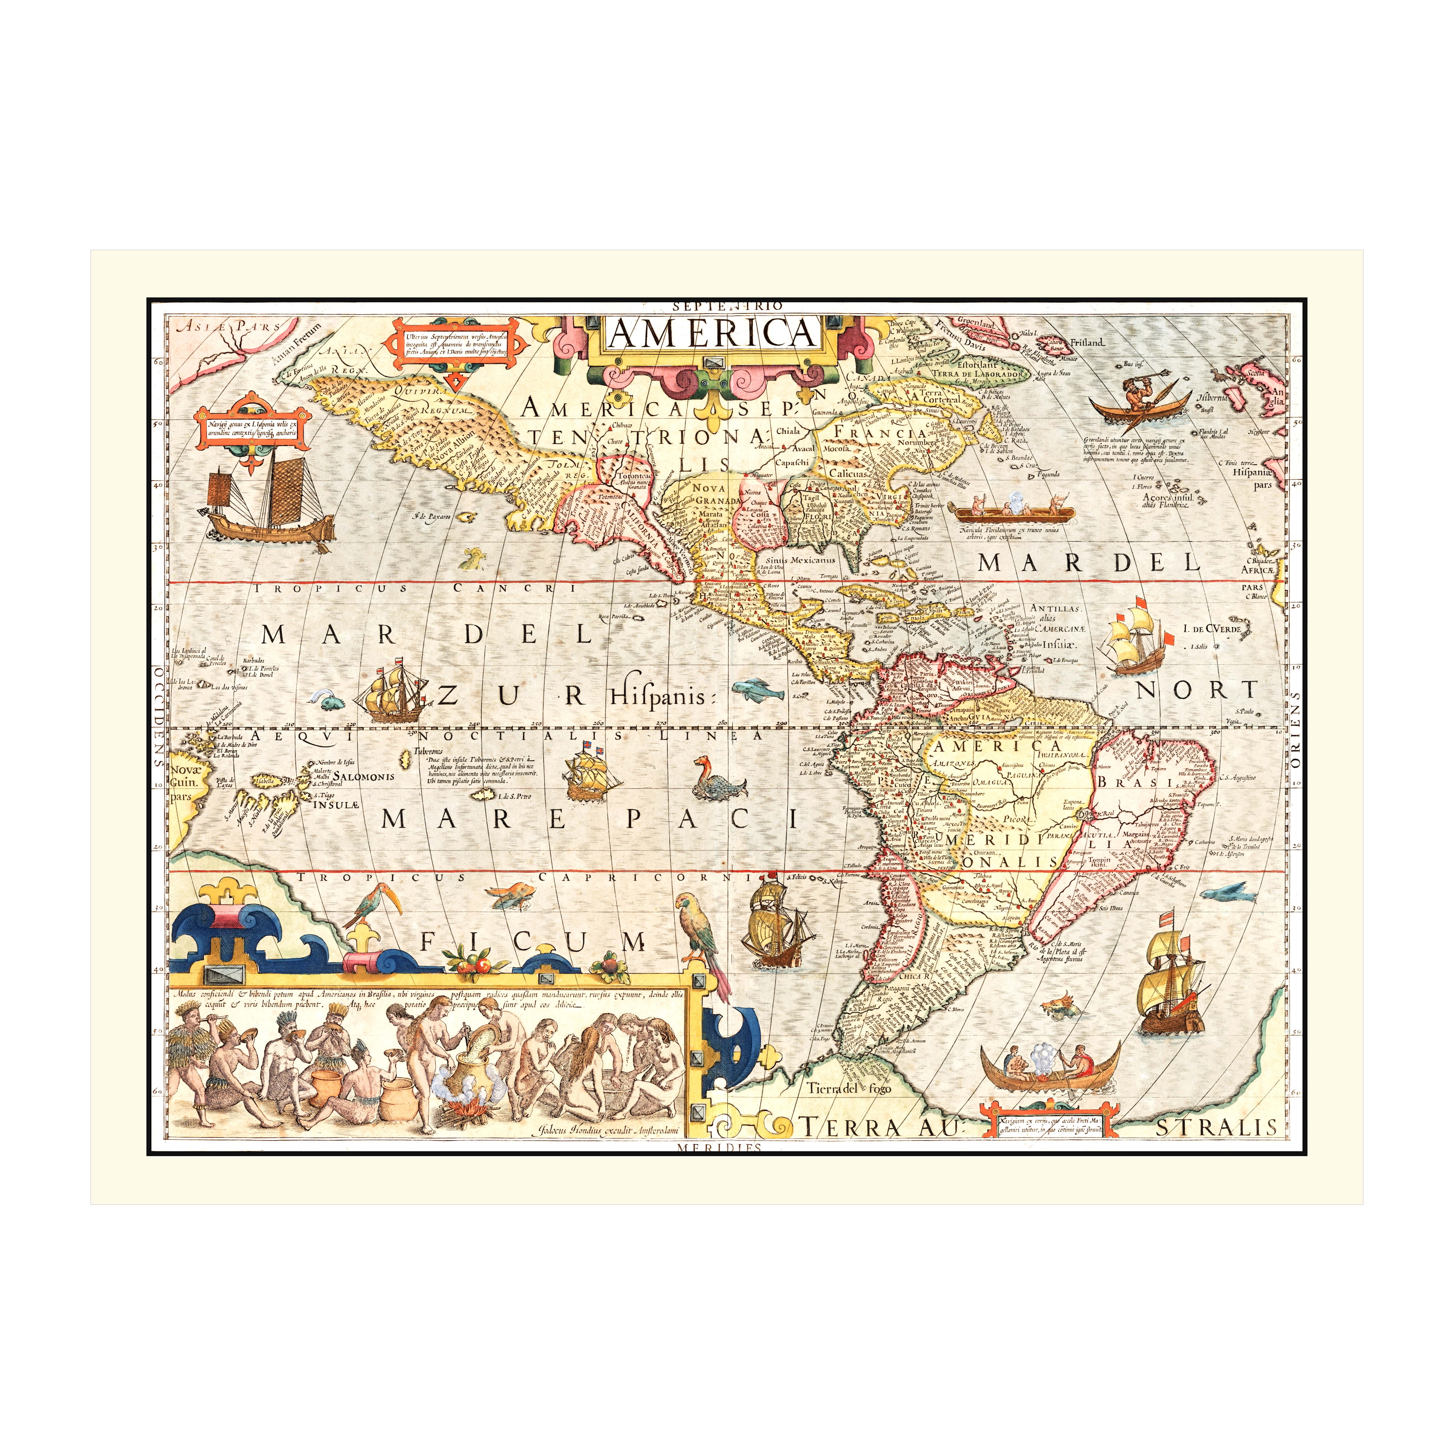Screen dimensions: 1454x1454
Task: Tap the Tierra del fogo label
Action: coord(843,1088)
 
